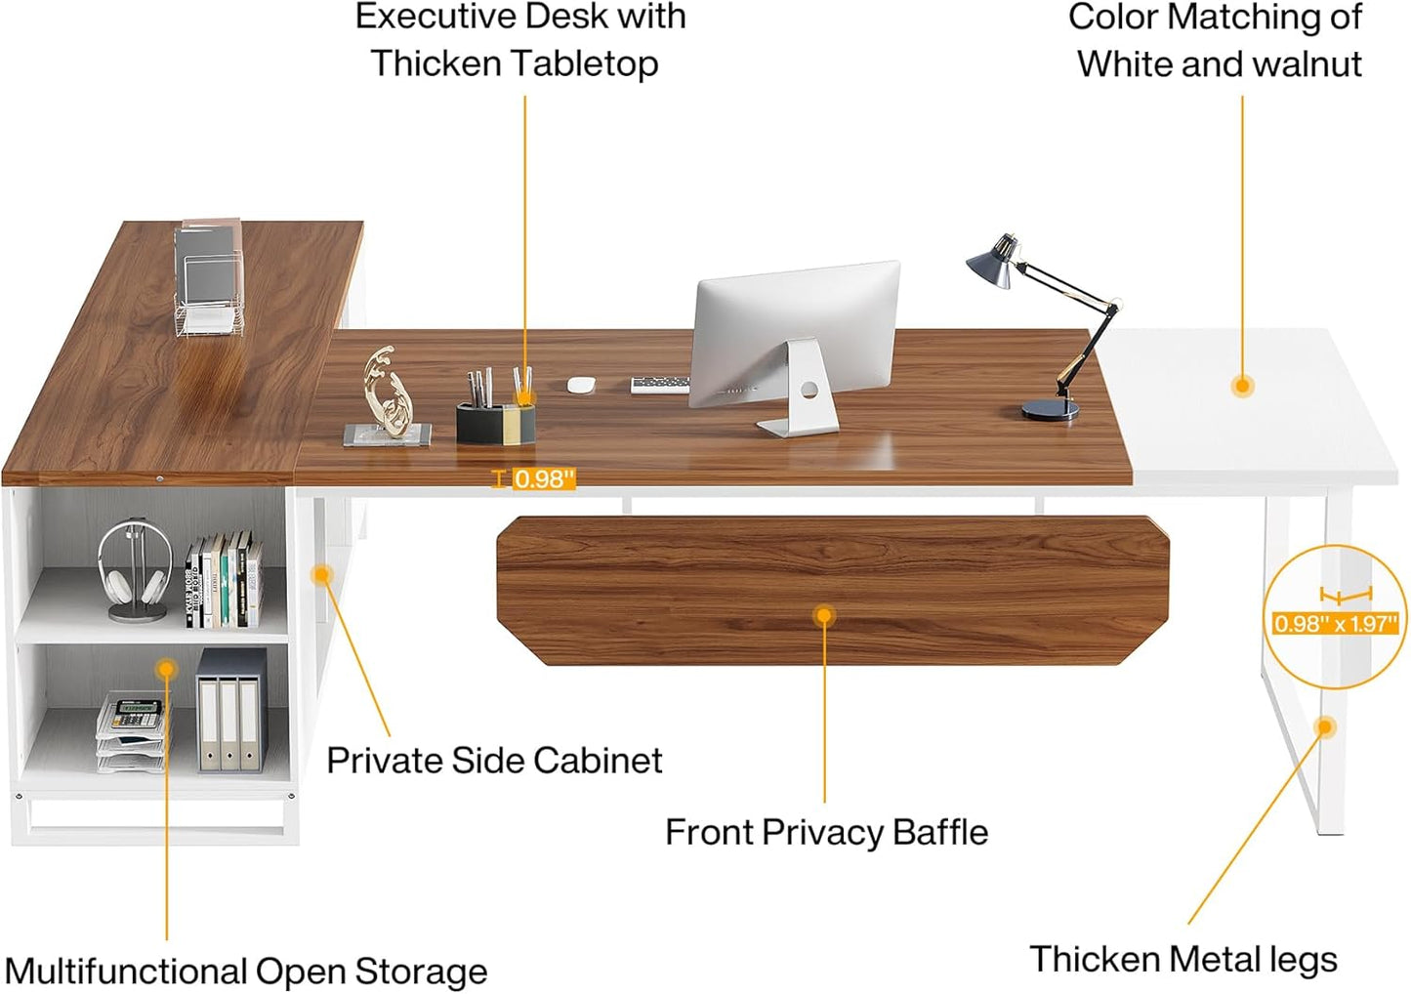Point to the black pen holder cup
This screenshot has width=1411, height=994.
pos(494,423)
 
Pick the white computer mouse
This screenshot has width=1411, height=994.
pos(581,385)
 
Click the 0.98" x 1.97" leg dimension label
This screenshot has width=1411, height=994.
pos(1336,623)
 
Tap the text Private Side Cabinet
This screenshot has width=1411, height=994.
pos(494,760)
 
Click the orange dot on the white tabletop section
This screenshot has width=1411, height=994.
pos(1242,386)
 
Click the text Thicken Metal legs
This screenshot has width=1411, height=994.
pos(1183,959)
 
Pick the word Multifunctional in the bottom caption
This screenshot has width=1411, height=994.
pos(126,972)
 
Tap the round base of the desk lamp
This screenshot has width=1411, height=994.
pos(1051,409)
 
